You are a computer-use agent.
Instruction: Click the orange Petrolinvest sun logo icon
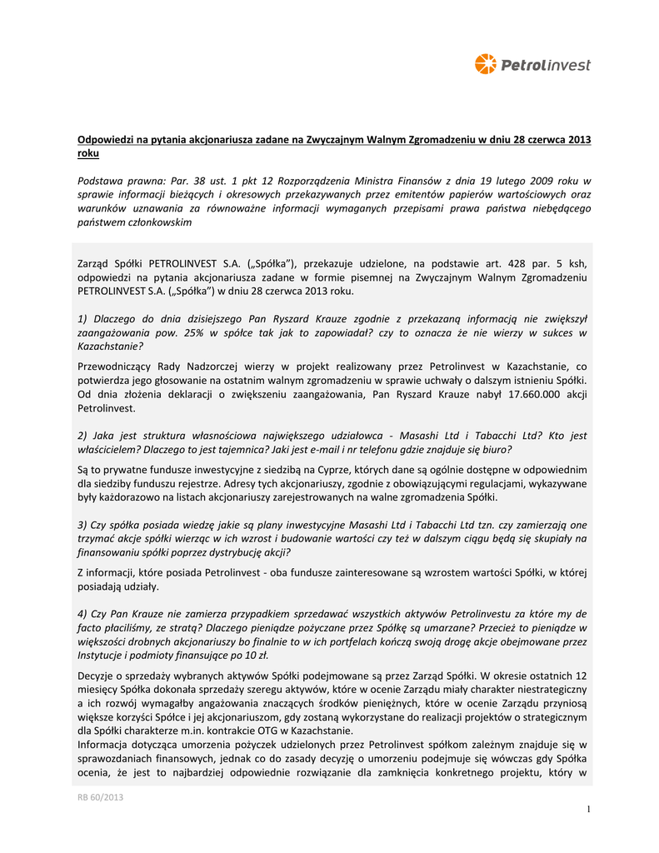coord(485,64)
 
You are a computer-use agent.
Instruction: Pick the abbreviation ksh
coord(579,263)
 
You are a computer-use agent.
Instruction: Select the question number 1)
coord(82,319)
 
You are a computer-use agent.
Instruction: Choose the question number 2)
coord(82,436)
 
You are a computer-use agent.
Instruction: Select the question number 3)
coord(82,525)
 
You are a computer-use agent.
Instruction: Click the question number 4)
coord(82,614)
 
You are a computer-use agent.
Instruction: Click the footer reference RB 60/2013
coord(100,797)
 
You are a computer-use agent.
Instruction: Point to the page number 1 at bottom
coord(587,809)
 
